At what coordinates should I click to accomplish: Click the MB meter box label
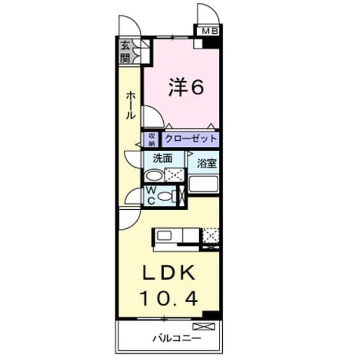click(x=210, y=31)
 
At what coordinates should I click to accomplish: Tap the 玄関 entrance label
click(x=125, y=52)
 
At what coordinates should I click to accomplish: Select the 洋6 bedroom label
click(x=186, y=87)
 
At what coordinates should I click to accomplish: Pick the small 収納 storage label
click(x=152, y=139)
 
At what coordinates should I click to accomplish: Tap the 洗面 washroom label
click(x=163, y=158)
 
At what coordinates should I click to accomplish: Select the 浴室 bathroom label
click(x=206, y=163)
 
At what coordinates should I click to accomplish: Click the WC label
click(x=151, y=195)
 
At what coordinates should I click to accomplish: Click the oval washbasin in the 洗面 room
click(x=154, y=176)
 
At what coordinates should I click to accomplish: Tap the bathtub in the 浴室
click(x=204, y=184)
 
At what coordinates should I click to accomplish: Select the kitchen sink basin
click(x=164, y=236)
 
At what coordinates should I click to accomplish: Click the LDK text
click(x=169, y=272)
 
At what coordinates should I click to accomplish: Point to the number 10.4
click(x=169, y=299)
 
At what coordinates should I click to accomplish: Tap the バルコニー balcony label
click(x=177, y=339)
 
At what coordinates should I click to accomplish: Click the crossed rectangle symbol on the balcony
click(x=204, y=326)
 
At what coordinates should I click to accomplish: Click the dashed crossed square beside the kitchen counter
click(x=210, y=236)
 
